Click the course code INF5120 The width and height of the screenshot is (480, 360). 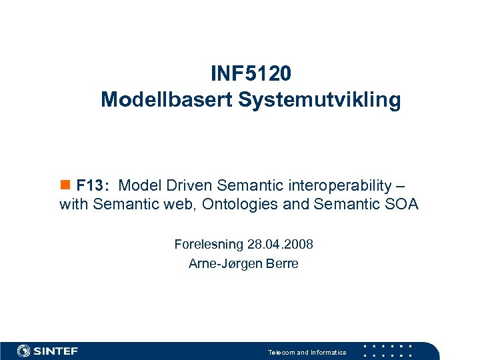pos(251,72)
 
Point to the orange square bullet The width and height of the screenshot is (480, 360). pos(65,184)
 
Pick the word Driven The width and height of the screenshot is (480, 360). pos(195,185)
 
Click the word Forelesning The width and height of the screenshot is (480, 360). pos(207,245)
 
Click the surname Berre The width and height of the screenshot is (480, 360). pos(282,263)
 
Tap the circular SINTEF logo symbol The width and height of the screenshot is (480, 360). pos(24,351)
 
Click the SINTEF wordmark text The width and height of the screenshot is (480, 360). pos(56,351)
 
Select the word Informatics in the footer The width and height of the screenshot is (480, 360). pos(329,352)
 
